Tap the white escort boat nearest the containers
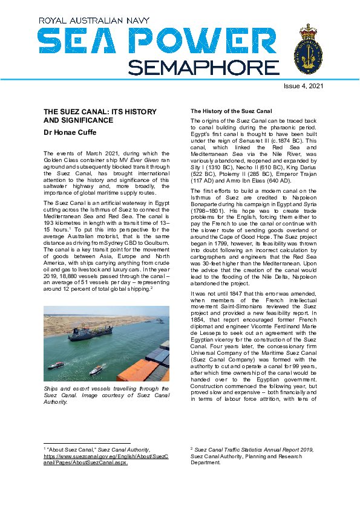(x=96, y=369)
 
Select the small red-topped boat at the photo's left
(x=56, y=365)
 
